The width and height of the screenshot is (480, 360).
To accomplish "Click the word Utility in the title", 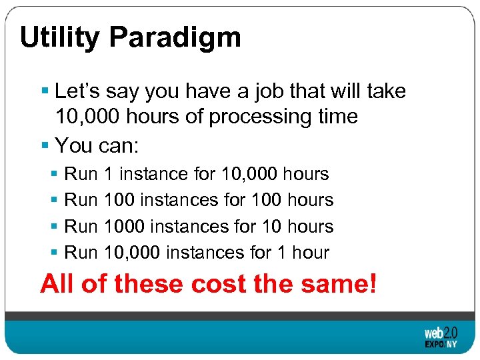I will (59, 38).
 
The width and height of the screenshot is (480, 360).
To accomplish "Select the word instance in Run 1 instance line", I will (153, 174).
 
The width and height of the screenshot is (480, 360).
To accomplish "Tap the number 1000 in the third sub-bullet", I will (125, 227).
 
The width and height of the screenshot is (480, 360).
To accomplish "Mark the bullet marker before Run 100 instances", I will (55, 200).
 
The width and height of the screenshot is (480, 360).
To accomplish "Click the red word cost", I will (219, 285).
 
